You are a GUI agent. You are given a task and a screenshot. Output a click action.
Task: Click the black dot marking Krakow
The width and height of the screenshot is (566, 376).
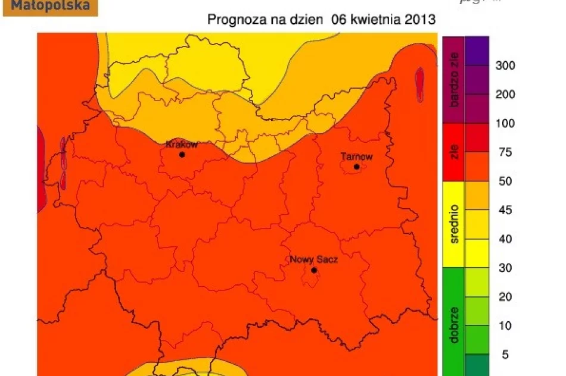tap(182, 155)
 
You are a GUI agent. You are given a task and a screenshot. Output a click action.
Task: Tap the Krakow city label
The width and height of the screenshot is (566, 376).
tap(182, 145)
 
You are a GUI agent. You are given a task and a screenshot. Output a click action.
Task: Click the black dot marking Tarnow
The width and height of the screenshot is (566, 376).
tap(356, 167)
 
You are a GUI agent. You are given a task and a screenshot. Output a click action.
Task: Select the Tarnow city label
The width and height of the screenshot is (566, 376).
tap(356, 157)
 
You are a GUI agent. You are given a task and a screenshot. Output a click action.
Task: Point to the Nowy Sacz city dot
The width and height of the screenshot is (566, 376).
tap(314, 270)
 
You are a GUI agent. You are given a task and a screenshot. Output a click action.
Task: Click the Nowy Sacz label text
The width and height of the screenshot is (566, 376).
tap(313, 260)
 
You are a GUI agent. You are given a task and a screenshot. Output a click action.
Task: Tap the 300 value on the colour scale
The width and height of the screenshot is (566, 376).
tap(505, 65)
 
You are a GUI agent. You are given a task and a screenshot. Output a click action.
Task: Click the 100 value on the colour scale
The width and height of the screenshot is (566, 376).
tap(505, 124)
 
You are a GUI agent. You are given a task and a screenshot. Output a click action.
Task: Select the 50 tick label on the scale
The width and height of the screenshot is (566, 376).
tap(505, 181)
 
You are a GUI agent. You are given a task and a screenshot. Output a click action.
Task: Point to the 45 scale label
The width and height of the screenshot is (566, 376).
tap(505, 211)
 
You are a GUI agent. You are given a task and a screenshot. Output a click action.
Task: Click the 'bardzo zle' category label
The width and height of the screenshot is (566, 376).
tap(454, 79)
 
